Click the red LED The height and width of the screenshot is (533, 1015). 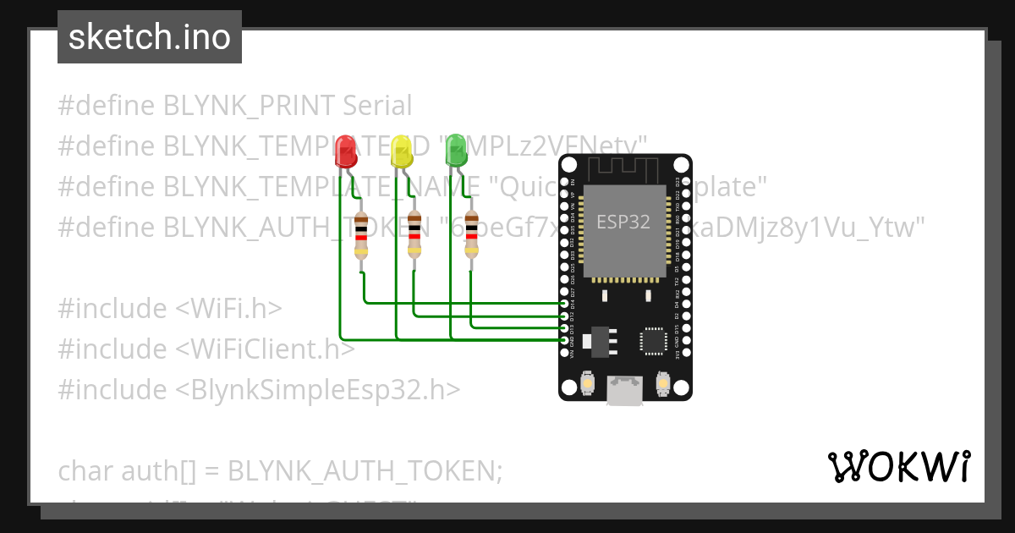345,151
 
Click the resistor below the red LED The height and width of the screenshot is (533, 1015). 361,236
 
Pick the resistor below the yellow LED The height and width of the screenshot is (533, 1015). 414,236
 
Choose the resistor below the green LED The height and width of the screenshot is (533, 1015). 471,236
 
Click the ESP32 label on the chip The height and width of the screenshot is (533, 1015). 623,223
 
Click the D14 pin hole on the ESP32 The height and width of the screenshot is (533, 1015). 565,302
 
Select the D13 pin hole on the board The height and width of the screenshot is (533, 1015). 565,327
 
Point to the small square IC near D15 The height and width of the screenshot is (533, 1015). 654,340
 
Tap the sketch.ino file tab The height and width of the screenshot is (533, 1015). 150,37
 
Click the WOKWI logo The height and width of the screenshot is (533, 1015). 898,466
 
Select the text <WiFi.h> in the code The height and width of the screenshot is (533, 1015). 229,309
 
